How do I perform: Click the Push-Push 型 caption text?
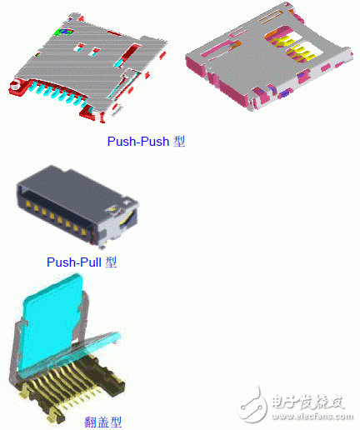(x=146, y=142)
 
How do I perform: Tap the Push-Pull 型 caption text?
(x=82, y=262)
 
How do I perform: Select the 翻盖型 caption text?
(x=103, y=422)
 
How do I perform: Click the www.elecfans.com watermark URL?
(x=312, y=417)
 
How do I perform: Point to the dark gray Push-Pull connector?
(x=77, y=206)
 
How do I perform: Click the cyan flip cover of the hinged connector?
(x=52, y=322)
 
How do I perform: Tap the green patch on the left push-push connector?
(x=63, y=32)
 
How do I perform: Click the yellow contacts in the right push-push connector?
(x=294, y=47)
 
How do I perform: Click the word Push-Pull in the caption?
(x=74, y=262)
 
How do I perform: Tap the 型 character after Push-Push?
(x=179, y=142)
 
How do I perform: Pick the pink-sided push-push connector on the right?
(x=269, y=57)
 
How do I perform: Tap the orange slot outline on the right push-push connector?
(x=270, y=17)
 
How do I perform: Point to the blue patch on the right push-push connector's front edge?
(x=284, y=94)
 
